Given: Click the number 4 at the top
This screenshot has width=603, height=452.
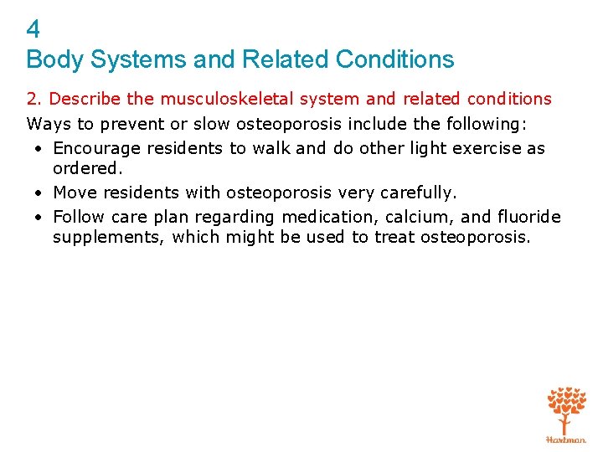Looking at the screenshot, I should (x=33, y=31).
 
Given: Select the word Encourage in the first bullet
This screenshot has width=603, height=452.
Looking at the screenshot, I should (x=96, y=149).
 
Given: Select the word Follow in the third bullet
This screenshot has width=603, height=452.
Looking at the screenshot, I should (x=79, y=218).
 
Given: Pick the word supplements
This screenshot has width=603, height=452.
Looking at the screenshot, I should (x=109, y=238).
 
